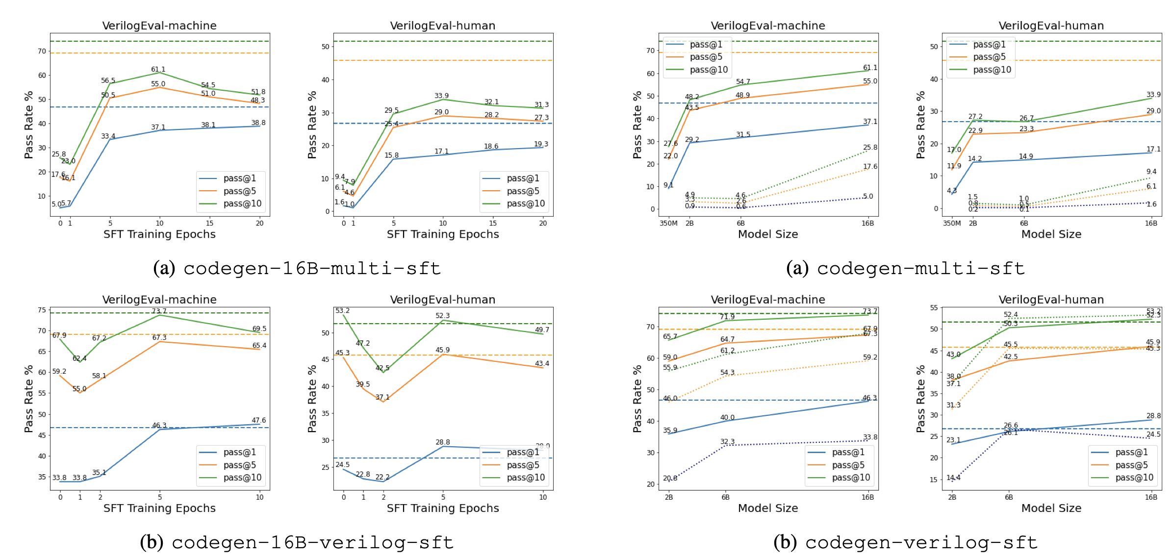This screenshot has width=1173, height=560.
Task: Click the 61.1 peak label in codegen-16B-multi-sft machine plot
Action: point(158,70)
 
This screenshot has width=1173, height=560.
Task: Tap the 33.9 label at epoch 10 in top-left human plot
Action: point(441,96)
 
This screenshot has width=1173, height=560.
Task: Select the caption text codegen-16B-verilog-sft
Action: point(312,542)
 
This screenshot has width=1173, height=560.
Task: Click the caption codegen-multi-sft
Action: point(920,268)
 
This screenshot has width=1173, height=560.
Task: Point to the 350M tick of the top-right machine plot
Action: point(668,224)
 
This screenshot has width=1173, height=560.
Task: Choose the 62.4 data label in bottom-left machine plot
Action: point(79,358)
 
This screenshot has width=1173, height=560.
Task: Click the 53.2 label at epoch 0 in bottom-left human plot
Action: point(342,311)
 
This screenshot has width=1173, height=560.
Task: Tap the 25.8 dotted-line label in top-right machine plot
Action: point(870,148)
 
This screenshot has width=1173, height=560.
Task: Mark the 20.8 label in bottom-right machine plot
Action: point(670,478)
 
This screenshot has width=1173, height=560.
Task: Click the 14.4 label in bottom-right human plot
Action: point(953,478)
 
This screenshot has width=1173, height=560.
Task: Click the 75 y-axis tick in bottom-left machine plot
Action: point(42,310)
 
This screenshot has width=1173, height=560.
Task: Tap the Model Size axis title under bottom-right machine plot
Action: point(768,509)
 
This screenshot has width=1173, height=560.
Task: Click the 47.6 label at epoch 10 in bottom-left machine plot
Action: point(259,420)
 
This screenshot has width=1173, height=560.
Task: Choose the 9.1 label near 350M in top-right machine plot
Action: point(668,185)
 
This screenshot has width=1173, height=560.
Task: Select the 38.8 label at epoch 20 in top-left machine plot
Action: point(258,123)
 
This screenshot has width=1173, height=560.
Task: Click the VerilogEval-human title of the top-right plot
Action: point(1051,26)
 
